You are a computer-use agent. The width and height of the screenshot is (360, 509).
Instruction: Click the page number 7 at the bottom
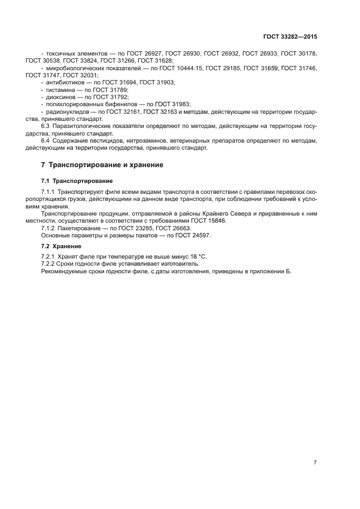click(315, 462)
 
